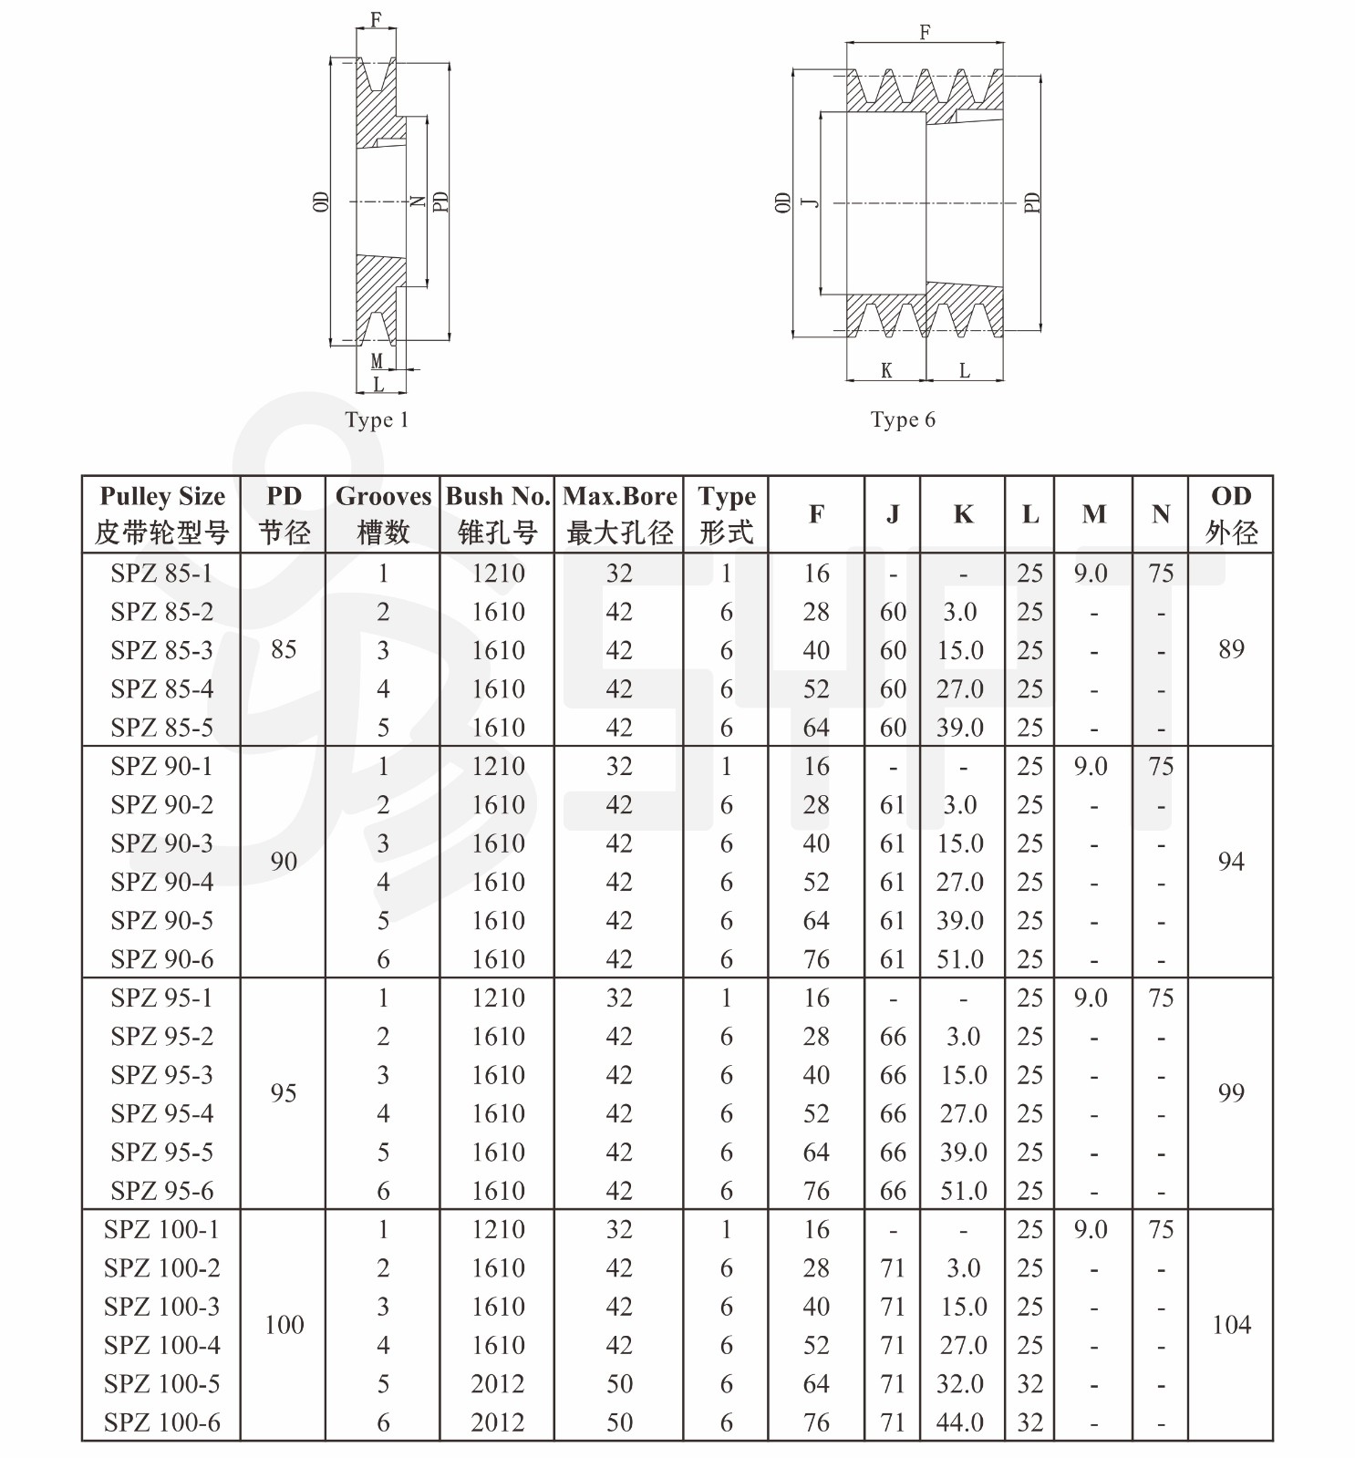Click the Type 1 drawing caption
pos(377,420)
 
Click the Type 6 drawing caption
pos(903,419)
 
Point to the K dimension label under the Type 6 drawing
pos(886,370)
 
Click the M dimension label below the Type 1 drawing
pos(377,362)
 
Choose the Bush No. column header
pos(498,514)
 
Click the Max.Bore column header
pos(620,514)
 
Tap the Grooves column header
pos(383,514)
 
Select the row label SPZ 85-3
pos(162,650)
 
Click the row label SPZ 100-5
pos(162,1384)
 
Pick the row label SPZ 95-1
pos(162,998)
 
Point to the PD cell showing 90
pos(284,862)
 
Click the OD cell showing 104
pos(1231,1325)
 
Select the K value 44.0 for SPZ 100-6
pos(961,1422)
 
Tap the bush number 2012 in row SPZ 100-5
pos(498,1384)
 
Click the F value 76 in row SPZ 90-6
pos(816,959)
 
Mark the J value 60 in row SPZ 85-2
pos(893,612)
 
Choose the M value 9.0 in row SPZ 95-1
pos(1091,998)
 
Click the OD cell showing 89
pos(1231,649)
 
